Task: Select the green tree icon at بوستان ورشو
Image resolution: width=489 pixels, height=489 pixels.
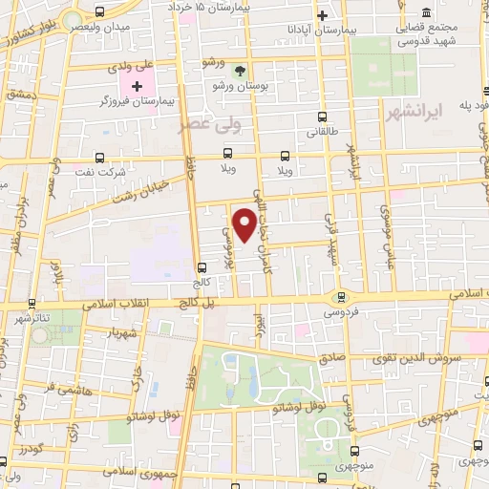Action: click(x=240, y=71)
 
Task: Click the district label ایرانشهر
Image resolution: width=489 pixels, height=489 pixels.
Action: click(x=419, y=112)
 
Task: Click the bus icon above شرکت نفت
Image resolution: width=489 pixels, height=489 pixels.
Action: click(x=101, y=159)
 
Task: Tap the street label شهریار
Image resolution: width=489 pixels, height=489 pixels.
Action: click(x=127, y=333)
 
